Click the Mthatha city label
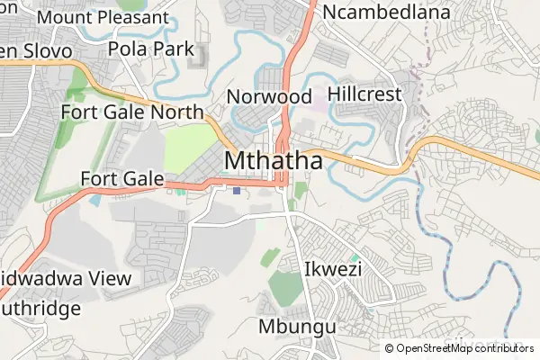pos(274,160)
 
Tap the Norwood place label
pos(269,96)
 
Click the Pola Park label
pos(150,49)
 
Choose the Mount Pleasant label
pos(103,17)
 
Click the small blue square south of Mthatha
pos(237,190)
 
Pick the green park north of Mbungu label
pos(286,288)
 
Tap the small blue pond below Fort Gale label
pos(95,200)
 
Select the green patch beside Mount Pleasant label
pos(131,4)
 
